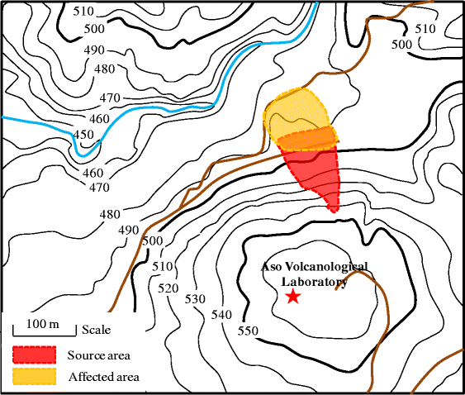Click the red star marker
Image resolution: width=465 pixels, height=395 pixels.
(292, 297)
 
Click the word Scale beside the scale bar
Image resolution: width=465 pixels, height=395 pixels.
(96, 330)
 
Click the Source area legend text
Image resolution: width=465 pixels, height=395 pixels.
(99, 355)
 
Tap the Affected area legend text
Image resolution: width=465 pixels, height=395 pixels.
(104, 377)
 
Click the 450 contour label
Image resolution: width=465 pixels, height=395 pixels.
(84, 135)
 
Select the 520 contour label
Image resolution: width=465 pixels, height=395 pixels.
(168, 288)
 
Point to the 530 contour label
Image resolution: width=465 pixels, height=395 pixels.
(195, 298)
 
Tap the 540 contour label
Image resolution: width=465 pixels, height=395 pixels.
(221, 315)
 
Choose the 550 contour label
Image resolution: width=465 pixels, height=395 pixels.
(248, 331)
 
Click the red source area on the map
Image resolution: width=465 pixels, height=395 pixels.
(318, 174)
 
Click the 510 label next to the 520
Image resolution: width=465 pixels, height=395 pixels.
(163, 267)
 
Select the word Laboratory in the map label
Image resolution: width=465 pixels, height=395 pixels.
(313, 282)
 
